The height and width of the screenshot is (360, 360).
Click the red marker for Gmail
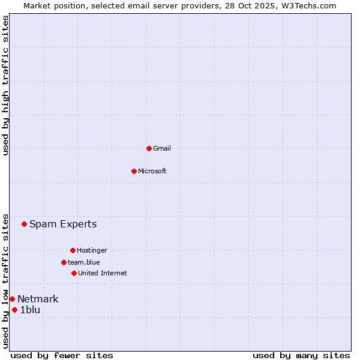coord(149,148)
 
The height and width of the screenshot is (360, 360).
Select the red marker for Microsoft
coord(134,171)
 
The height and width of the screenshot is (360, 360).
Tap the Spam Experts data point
coord(25,224)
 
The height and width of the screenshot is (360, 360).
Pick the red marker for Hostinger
coord(73,250)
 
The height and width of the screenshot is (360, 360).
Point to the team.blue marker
coord(64,262)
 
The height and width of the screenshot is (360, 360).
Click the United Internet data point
coord(74,273)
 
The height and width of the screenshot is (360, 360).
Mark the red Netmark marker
coord(12,299)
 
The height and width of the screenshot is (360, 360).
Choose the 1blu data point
coord(15,310)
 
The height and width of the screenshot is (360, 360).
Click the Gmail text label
coord(162,148)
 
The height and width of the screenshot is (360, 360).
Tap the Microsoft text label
coord(152,171)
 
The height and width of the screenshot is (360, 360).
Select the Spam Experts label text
coord(63,224)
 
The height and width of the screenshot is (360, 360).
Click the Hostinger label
coord(92,250)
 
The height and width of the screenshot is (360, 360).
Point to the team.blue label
coord(84,262)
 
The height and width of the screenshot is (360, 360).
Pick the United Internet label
coord(103,273)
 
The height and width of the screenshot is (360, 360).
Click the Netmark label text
coord(38,299)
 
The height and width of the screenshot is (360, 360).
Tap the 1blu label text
coord(30,310)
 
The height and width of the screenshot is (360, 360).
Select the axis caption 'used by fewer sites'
coord(62,355)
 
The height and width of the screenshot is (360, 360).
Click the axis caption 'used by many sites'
coord(301,355)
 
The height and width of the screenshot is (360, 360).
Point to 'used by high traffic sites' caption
coord(5,85)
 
